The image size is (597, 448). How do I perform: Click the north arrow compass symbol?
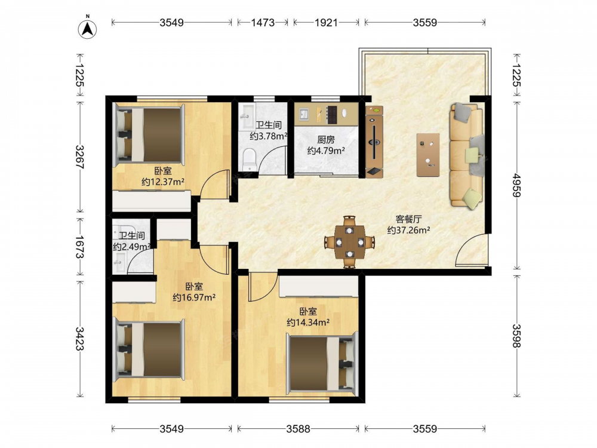click(87, 29)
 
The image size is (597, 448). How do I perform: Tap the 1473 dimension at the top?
click(263, 23)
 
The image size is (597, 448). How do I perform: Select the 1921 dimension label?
click(326, 23)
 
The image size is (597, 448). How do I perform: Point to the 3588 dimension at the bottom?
click(298, 429)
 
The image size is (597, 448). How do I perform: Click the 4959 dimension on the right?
click(516, 185)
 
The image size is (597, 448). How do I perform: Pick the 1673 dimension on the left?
click(79, 247)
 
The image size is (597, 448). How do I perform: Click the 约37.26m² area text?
click(408, 230)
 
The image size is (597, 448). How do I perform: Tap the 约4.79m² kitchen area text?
click(326, 151)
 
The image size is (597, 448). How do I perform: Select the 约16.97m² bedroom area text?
click(194, 297)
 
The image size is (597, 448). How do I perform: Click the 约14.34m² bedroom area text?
click(308, 323)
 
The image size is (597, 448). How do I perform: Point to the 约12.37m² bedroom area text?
click(163, 182)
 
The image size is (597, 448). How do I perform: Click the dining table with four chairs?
click(349, 241)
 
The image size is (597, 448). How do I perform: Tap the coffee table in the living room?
click(428, 155)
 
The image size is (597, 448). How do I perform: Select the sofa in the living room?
click(467, 155)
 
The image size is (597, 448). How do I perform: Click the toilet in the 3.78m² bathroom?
click(250, 160)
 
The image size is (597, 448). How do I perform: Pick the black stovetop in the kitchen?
click(333, 114)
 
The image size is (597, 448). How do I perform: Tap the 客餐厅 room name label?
click(408, 219)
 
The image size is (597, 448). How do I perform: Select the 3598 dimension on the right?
click(516, 336)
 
